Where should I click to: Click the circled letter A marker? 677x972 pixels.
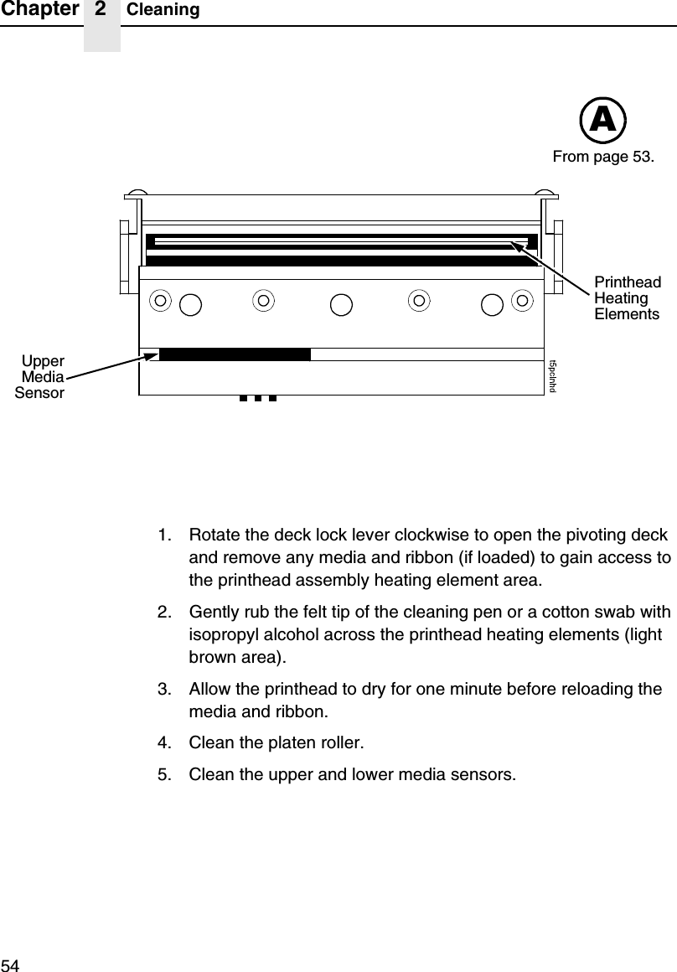603,121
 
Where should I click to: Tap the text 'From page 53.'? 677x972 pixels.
603,157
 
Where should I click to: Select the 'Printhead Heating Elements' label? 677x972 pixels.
627,298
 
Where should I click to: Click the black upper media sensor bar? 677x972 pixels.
235,354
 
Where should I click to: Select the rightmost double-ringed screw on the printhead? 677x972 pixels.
523,299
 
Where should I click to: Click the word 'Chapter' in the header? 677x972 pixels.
39,9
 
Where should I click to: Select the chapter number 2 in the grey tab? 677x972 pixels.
101,9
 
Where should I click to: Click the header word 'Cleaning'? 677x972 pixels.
163,10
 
